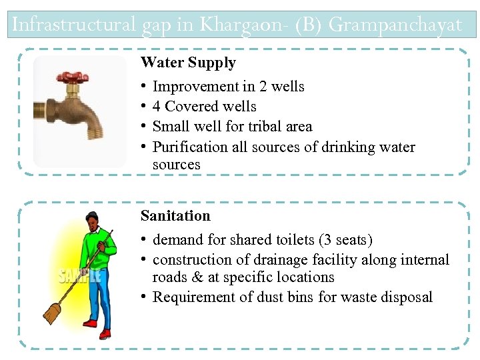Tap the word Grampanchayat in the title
[395, 25]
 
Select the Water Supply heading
[188, 63]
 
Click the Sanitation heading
[175, 216]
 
